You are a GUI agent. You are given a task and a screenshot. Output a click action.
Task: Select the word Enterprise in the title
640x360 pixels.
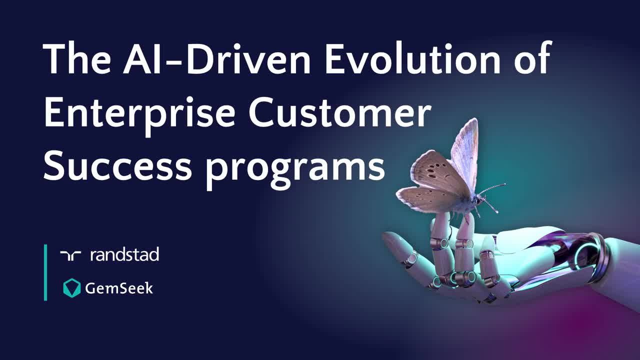pos(139,113)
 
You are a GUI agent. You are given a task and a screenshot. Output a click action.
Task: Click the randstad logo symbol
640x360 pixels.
pos(70,255)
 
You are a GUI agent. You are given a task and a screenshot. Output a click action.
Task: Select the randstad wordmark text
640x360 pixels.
pos(124,255)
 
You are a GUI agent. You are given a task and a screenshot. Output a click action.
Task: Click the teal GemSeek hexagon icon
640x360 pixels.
pos(72,288)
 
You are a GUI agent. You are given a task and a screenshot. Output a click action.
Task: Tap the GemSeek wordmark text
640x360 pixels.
pos(118,288)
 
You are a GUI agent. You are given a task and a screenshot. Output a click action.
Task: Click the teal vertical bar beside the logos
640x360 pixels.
pos(45,272)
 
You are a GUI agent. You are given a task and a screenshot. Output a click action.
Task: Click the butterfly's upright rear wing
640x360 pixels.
pos(465,150)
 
